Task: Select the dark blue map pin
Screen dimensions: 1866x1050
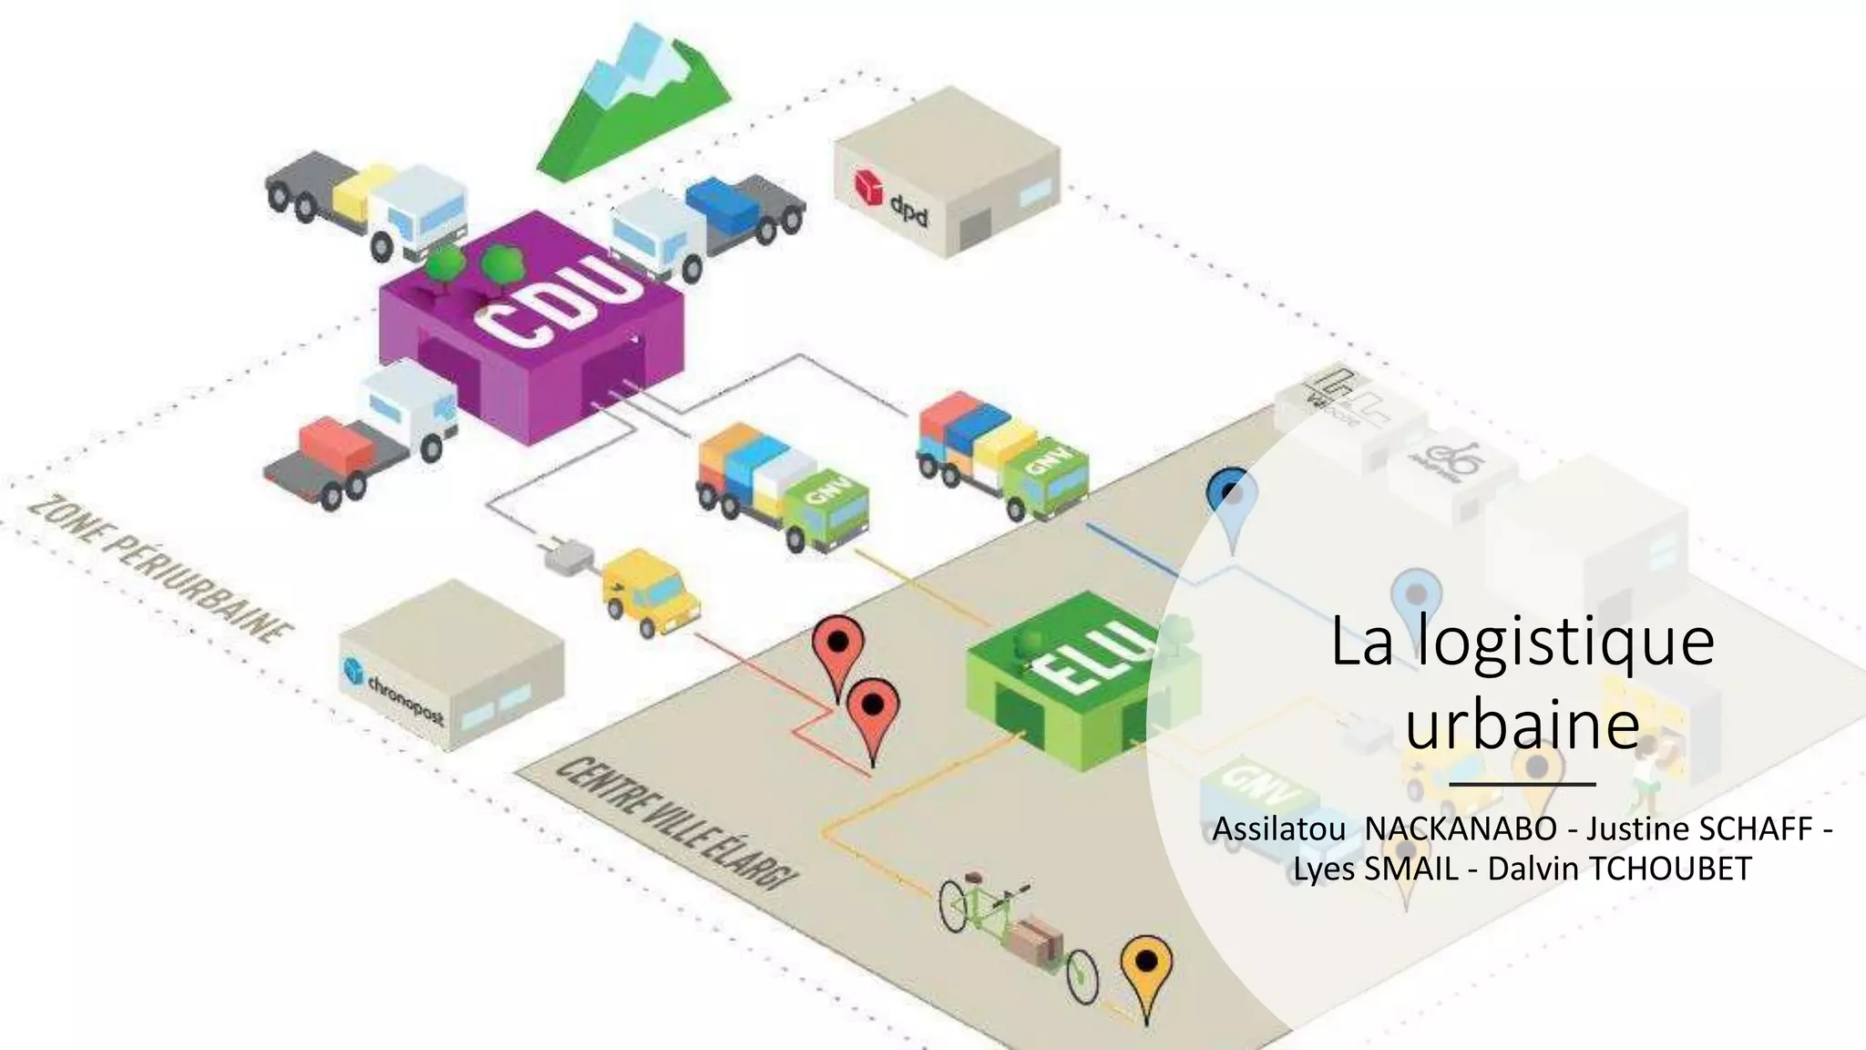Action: [x=1232, y=497]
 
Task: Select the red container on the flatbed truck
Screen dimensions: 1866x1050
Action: [x=335, y=444]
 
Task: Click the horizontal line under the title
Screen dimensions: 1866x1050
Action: [x=1522, y=783]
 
